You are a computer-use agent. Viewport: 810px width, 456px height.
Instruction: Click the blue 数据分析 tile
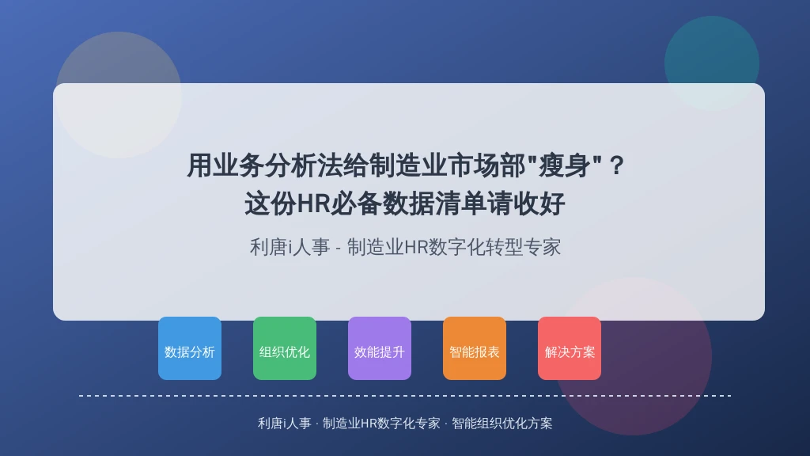190,348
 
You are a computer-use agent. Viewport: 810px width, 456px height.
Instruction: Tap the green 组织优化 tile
285,348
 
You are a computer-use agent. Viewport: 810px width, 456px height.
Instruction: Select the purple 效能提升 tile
380,348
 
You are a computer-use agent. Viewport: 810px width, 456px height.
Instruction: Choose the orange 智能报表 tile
475,348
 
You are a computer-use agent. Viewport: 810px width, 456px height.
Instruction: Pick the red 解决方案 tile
570,348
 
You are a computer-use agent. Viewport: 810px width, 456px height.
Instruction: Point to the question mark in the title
617,165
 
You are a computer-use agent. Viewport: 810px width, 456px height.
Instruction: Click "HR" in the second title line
314,203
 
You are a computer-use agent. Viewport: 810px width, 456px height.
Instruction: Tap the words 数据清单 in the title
434,203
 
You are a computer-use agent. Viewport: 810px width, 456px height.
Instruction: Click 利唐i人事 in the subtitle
290,247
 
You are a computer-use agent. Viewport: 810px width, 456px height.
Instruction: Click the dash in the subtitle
339,248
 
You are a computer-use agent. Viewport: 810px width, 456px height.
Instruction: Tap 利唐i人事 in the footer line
285,424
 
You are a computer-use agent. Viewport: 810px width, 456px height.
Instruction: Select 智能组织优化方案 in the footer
502,424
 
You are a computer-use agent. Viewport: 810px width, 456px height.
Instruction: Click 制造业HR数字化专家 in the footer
381,424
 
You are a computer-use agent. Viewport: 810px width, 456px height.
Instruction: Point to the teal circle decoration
712,63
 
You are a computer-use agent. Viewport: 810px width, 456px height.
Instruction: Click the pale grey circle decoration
119,95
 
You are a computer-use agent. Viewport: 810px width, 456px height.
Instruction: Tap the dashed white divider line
405,396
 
